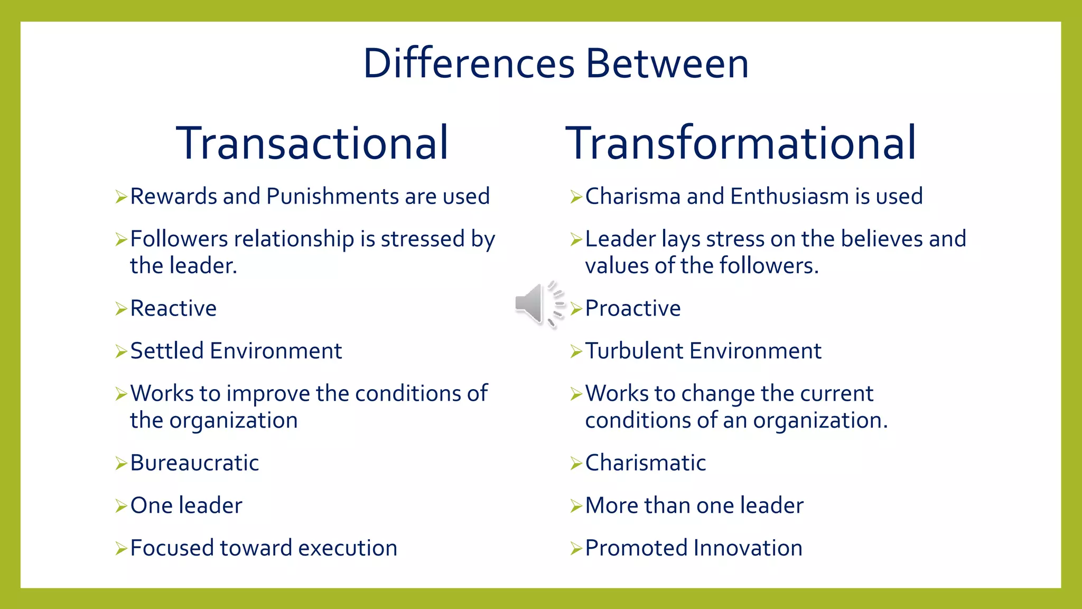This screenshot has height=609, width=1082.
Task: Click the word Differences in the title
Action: pyautogui.click(x=469, y=63)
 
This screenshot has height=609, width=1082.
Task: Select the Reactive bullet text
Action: pyautogui.click(x=173, y=309)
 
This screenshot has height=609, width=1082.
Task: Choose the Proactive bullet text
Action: pyautogui.click(x=633, y=309)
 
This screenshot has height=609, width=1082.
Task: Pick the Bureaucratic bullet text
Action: pyautogui.click(x=194, y=463)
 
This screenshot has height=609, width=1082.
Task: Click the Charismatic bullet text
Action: pyautogui.click(x=645, y=463)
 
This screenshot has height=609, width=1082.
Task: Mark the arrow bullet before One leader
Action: pyautogui.click(x=121, y=506)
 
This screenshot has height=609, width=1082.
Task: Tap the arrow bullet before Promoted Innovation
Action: pyautogui.click(x=576, y=549)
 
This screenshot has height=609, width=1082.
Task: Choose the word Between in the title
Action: pyautogui.click(x=667, y=63)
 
